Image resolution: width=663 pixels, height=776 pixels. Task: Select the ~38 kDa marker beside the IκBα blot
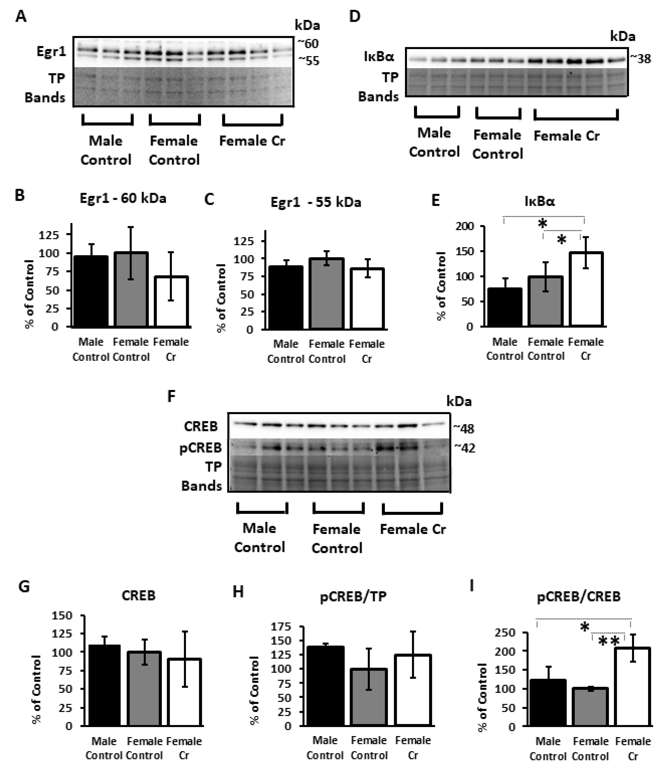point(640,59)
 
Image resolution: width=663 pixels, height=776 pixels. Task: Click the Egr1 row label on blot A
point(51,51)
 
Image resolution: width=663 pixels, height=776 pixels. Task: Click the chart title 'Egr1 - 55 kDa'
point(316,202)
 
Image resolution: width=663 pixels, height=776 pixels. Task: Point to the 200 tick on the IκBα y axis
point(465,226)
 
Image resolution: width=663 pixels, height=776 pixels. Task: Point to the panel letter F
point(171,396)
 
